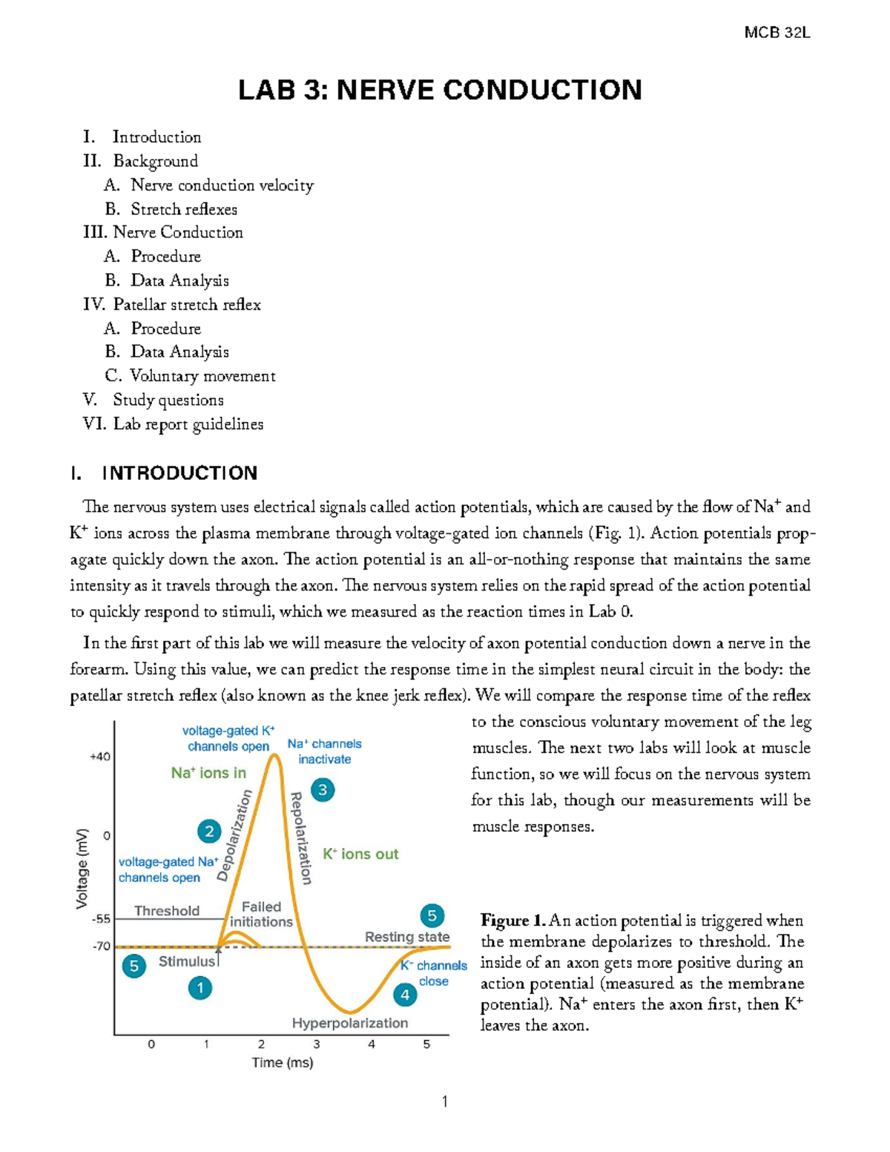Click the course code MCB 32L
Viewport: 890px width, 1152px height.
pos(777,33)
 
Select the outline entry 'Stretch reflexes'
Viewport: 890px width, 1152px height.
pos(184,209)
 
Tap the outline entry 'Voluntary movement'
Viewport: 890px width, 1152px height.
pos(202,376)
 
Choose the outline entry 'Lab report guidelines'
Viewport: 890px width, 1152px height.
pos(188,424)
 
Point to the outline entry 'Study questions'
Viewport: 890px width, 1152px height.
pos(168,401)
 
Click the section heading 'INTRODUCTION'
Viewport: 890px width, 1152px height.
pos(179,473)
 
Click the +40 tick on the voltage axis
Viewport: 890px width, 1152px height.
pos(99,757)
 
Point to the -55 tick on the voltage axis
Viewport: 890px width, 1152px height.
pos(100,918)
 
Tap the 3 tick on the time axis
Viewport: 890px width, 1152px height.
pos(317,1044)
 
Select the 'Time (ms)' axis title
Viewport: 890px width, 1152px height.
pos(283,1062)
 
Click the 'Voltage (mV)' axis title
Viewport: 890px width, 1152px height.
pos(82,868)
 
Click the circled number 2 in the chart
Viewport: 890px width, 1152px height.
pos(209,831)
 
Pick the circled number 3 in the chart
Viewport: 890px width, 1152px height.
pos(323,790)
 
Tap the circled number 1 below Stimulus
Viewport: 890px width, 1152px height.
pos(200,988)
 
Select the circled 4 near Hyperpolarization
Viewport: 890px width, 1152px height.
pos(405,995)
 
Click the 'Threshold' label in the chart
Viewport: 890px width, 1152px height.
pos(167,911)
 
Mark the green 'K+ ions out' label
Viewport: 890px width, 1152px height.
pos(360,855)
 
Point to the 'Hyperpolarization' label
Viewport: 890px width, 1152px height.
pos(350,1023)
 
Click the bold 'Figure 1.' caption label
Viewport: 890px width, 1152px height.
pos(513,921)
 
